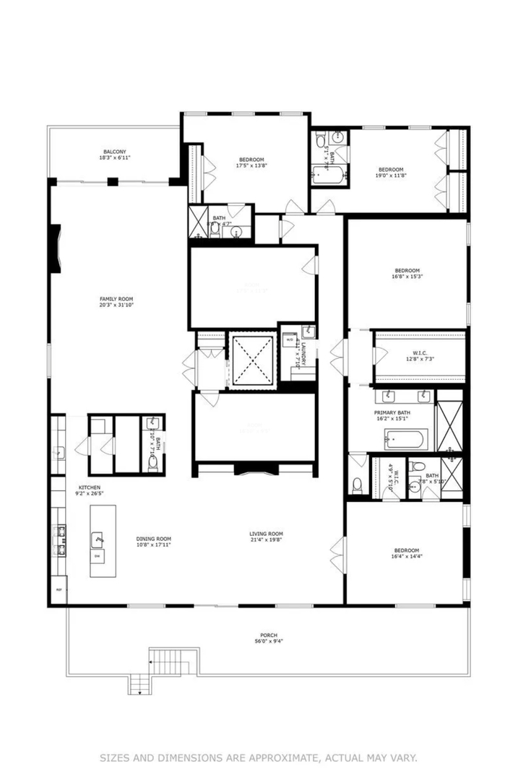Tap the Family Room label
click(x=116, y=301)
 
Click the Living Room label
click(x=265, y=536)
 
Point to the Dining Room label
click(x=153, y=541)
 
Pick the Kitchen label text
click(x=90, y=491)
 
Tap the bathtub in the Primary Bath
click(x=405, y=438)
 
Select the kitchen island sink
click(x=99, y=539)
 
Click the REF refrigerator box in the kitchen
click(x=59, y=589)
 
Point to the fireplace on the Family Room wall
click(x=56, y=250)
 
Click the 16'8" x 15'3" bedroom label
click(x=407, y=273)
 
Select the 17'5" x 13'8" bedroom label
click(x=251, y=162)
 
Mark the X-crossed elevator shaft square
click(x=252, y=359)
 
